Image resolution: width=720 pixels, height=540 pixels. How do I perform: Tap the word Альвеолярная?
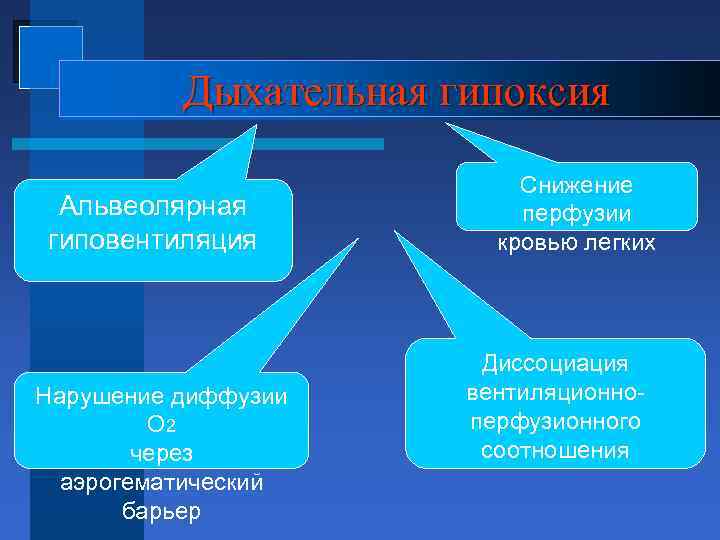pos(152,207)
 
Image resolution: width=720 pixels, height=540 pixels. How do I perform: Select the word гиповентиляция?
pos(152,240)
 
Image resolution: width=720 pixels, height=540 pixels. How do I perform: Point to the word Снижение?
pos(576,186)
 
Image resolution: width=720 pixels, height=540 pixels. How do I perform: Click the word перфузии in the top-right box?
pos(576,214)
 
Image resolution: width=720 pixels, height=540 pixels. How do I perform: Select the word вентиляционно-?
pos(555,392)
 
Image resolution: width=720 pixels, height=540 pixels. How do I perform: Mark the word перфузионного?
pos(555,421)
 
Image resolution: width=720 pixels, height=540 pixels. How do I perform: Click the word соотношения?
pos(555,450)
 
